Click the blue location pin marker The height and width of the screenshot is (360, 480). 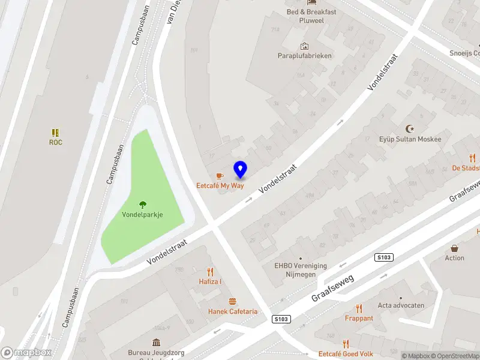click(241, 170)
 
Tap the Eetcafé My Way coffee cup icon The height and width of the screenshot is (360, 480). click(220, 176)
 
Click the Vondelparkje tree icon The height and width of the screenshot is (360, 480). click(143, 205)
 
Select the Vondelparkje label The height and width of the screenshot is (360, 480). click(143, 215)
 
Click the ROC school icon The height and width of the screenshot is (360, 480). click(55, 132)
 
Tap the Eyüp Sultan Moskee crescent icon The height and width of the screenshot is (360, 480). click(410, 129)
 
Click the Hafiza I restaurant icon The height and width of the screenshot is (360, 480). click(210, 271)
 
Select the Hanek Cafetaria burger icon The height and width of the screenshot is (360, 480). click(232, 301)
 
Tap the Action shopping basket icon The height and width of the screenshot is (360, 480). click(454, 248)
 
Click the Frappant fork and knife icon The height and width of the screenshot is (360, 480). click(359, 308)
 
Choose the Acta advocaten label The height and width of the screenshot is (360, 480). click(401, 305)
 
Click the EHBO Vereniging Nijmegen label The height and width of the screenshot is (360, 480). click(301, 270)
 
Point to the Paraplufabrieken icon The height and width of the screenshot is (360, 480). click(304, 46)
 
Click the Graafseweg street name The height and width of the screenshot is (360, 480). click(334, 288)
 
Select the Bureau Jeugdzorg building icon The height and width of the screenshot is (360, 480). click(156, 343)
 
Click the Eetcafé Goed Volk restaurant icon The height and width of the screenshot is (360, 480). click(346, 344)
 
